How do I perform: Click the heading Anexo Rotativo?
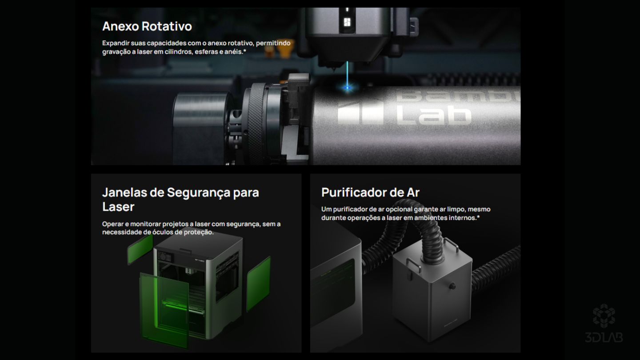click(x=147, y=26)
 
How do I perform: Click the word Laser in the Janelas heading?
click(x=118, y=207)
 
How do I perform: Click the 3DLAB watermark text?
click(x=604, y=337)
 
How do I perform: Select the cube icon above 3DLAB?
click(x=604, y=316)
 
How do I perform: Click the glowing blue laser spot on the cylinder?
click(x=348, y=88)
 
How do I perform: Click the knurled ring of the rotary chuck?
click(x=256, y=123)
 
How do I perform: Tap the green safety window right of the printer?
click(x=258, y=284)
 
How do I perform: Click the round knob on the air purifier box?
click(x=452, y=286)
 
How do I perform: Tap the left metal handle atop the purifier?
click(x=413, y=265)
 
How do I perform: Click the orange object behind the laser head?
click(x=284, y=48)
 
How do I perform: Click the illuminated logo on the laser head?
click(x=347, y=22)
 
